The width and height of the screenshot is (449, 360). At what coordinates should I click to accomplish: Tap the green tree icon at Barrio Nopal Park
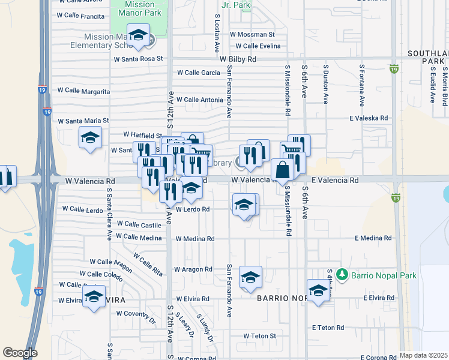pos(343,274)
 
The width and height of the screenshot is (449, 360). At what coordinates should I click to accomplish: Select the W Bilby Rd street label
pos(238,59)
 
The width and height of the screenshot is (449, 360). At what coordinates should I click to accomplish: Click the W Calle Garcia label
pos(198,73)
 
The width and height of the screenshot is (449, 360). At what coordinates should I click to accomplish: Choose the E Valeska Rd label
pos(369,118)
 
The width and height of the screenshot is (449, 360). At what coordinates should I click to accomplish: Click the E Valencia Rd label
pos(334,180)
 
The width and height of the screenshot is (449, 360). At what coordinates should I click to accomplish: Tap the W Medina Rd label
pos(194,239)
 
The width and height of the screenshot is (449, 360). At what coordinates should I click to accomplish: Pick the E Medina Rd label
pos(373,238)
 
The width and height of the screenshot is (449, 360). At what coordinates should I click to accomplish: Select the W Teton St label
pos(259,336)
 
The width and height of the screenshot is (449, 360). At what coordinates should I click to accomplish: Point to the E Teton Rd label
pos(328,328)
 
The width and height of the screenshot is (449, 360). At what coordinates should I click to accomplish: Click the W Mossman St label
pos(252,35)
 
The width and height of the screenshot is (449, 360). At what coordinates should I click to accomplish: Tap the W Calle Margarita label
pos(83,91)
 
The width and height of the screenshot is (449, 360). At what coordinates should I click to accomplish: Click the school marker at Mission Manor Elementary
pos(138,35)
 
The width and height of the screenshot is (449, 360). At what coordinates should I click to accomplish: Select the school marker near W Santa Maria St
pos(90,139)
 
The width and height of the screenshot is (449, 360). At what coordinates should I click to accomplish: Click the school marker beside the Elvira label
pos(94,297)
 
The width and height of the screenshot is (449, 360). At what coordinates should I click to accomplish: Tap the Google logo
pos(20,353)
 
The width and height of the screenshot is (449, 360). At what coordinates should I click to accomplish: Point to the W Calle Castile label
pos(139,224)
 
